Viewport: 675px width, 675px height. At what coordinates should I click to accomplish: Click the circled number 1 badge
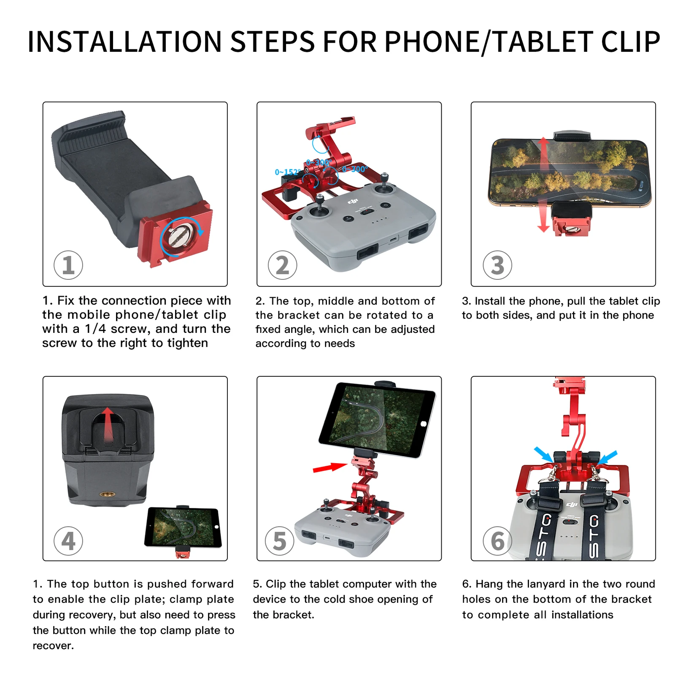coord(68,265)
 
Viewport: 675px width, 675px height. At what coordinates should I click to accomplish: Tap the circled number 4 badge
coord(68,540)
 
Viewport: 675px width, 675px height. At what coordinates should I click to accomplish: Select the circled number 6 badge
coord(497,540)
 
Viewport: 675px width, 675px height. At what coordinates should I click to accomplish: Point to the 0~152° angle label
coord(287,172)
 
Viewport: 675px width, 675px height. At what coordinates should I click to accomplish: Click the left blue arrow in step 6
coord(543,454)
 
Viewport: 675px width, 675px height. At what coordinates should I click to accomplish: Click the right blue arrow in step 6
coord(607,457)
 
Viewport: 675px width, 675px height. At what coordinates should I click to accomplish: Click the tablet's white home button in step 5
coord(424,424)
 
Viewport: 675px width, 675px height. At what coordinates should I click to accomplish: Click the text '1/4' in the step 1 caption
coord(96,329)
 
